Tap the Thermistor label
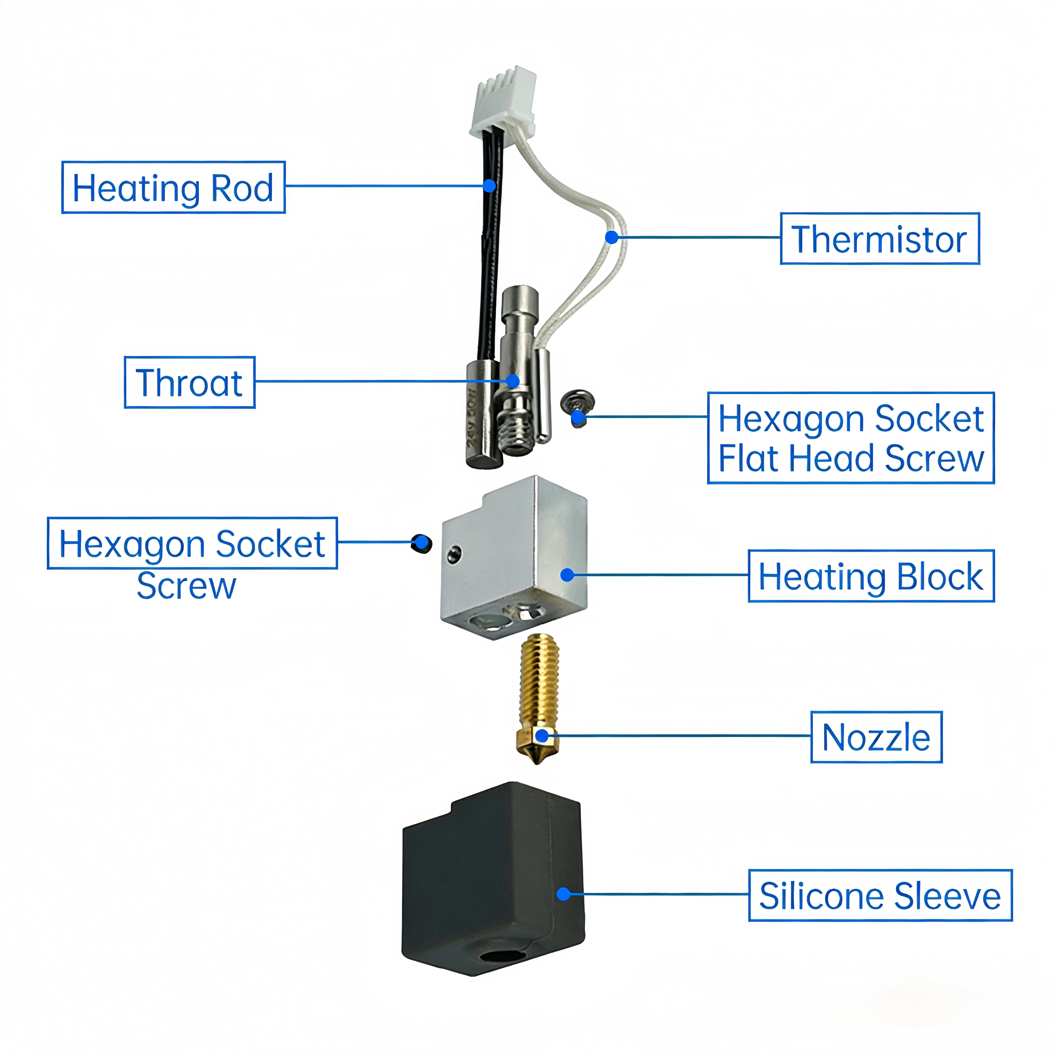pos(880,239)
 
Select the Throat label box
pos(190,382)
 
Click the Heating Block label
pos(871,576)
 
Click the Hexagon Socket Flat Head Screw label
pos(851,438)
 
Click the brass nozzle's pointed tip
pos(537,763)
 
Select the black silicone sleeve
pos(493,879)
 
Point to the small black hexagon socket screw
pos(422,544)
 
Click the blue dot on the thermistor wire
pos(612,237)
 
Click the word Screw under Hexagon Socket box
pos(186,586)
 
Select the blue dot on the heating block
pos(567,574)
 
